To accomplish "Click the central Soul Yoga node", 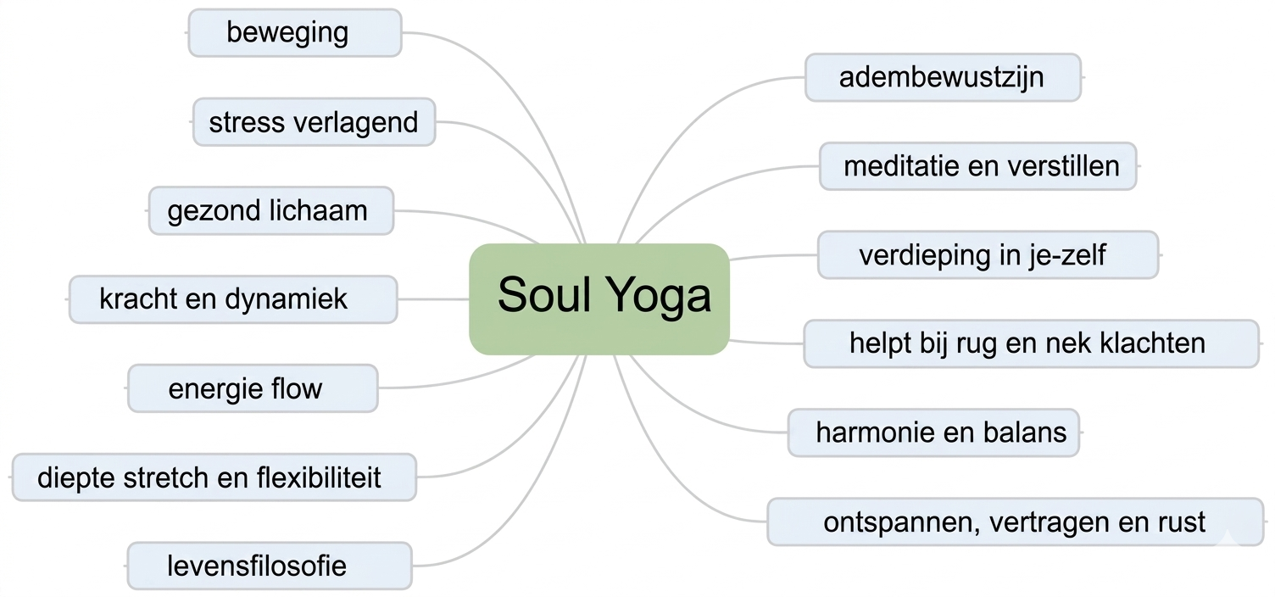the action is pyautogui.click(x=599, y=298).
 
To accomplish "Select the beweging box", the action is pyautogui.click(x=294, y=33).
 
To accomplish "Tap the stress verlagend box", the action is pyautogui.click(x=314, y=122).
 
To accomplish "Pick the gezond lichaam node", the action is pyautogui.click(x=271, y=210).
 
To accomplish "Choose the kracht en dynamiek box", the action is pyautogui.click(x=232, y=299).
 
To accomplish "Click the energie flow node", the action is pyautogui.click(x=252, y=388).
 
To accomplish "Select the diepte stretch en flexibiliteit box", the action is pyautogui.click(x=214, y=477).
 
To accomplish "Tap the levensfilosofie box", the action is pyautogui.click(x=269, y=566).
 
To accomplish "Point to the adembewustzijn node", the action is pyautogui.click(x=942, y=78).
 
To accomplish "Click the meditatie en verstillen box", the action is pyautogui.click(x=977, y=166).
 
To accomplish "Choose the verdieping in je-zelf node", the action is pyautogui.click(x=988, y=254).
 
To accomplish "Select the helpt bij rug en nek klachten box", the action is pyautogui.click(x=1030, y=343).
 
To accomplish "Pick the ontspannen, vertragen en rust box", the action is pyautogui.click(x=1015, y=522).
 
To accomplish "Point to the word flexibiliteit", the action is pyautogui.click(x=319, y=477).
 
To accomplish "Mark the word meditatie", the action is pyautogui.click(x=901, y=166).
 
